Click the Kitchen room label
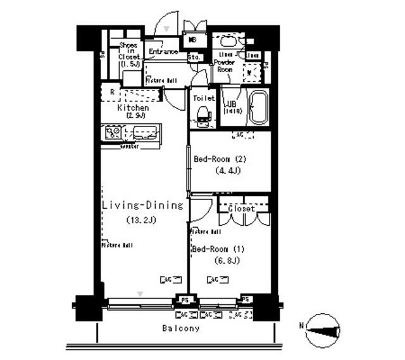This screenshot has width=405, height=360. click(133, 108)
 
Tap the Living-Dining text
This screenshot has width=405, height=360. click(142, 206)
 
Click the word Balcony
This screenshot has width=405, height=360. click(180, 328)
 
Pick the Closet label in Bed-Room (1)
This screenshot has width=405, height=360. click(241, 208)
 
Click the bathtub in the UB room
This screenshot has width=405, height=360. click(258, 109)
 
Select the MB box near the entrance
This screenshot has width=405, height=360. click(192, 40)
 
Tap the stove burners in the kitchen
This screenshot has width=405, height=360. click(113, 133)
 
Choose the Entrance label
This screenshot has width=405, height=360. click(163, 52)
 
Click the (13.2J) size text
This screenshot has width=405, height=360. click(141, 220)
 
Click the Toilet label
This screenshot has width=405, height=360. click(204, 99)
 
